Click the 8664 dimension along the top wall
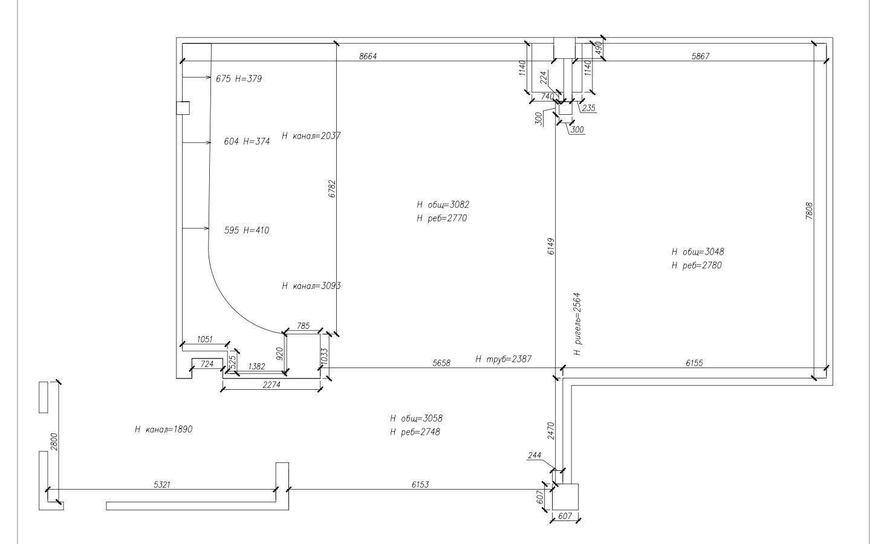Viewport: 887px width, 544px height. [368, 57]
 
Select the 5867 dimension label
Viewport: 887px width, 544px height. [701, 57]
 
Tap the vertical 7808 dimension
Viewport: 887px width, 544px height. [809, 210]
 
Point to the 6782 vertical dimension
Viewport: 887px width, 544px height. [332, 189]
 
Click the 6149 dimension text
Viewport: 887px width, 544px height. [551, 246]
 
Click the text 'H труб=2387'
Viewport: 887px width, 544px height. [503, 359]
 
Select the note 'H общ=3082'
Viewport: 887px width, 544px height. [443, 205]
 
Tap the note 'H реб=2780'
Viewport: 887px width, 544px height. [697, 265]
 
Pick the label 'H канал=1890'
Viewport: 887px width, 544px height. [163, 429]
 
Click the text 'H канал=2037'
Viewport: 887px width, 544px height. [311, 136]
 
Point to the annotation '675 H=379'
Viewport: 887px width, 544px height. [239, 79]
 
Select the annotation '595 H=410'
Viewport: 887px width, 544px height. [247, 230]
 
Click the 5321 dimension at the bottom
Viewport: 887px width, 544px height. [162, 485]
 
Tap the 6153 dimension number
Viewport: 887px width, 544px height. [420, 485]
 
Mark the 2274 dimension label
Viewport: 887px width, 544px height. [271, 384]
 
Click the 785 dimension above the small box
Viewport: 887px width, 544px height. [304, 326]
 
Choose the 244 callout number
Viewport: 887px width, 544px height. [534, 455]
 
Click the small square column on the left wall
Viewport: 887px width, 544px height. [183, 108]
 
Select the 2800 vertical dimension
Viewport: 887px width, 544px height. [54, 442]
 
